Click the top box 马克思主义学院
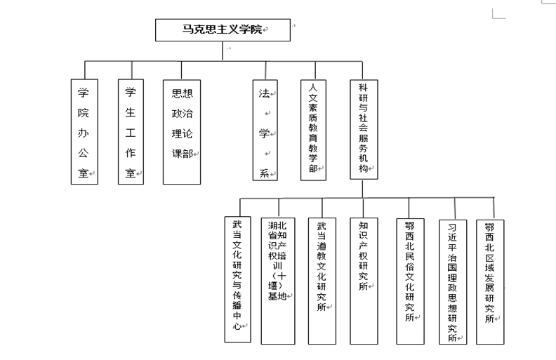tap(223, 30)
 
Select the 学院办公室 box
tap(84, 132)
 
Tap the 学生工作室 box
tap(131, 132)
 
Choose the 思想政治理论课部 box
tap(182, 132)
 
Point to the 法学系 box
tap(265, 130)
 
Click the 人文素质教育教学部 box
tap(314, 130)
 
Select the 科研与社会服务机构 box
tap(364, 129)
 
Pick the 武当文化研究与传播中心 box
tap(237, 279)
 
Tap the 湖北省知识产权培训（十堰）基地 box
tap(278, 281)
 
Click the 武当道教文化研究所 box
tap(322, 281)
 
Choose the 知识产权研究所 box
tap(364, 281)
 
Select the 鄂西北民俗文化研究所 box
tap(410, 281)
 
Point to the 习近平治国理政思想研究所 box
tap(453, 282)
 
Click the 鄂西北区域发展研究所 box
tap(490, 282)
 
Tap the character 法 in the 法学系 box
tap(264, 93)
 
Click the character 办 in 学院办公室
tap(84, 133)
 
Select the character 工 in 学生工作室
tap(130, 133)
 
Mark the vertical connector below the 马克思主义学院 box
tap(223, 51)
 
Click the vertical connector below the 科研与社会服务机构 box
tap(362, 189)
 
